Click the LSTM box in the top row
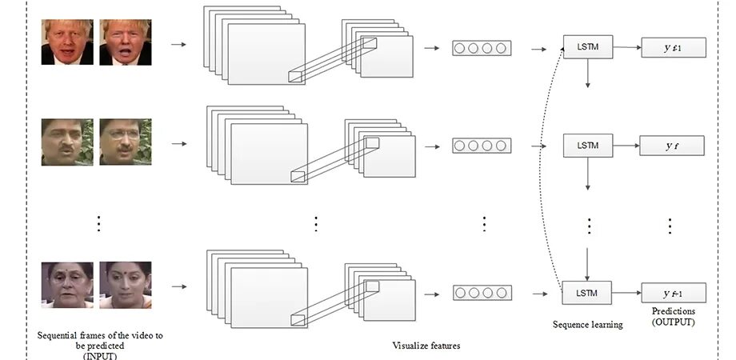pos(588,48)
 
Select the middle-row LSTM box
pos(588,146)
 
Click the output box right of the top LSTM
pos(673,49)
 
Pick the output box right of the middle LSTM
pos(672,146)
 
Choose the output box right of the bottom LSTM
pos(673,292)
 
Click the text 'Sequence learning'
pos(588,325)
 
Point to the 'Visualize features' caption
pos(426,346)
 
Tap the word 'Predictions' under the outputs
pos(673,311)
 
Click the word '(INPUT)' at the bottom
pos(100,355)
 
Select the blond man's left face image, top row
pos(67,42)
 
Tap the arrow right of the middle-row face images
pos(178,144)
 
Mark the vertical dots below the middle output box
pos(670,226)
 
